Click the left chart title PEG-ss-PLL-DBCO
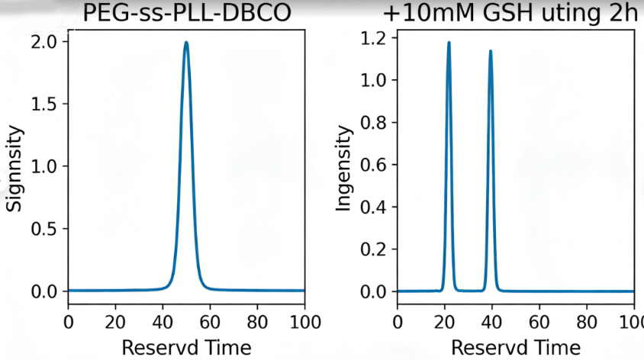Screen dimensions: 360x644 186,13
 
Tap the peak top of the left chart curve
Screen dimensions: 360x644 186,43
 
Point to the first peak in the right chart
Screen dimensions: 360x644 449,43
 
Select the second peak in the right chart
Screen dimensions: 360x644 490,51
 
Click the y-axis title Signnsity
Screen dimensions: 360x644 14,169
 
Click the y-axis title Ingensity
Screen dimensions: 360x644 344,169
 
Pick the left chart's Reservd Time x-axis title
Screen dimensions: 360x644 186,348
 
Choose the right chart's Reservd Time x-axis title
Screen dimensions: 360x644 515,348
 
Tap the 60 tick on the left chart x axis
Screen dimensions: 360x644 211,321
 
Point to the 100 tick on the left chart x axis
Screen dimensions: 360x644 305,321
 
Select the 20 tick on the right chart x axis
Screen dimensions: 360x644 445,321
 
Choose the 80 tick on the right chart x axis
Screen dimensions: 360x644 587,321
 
